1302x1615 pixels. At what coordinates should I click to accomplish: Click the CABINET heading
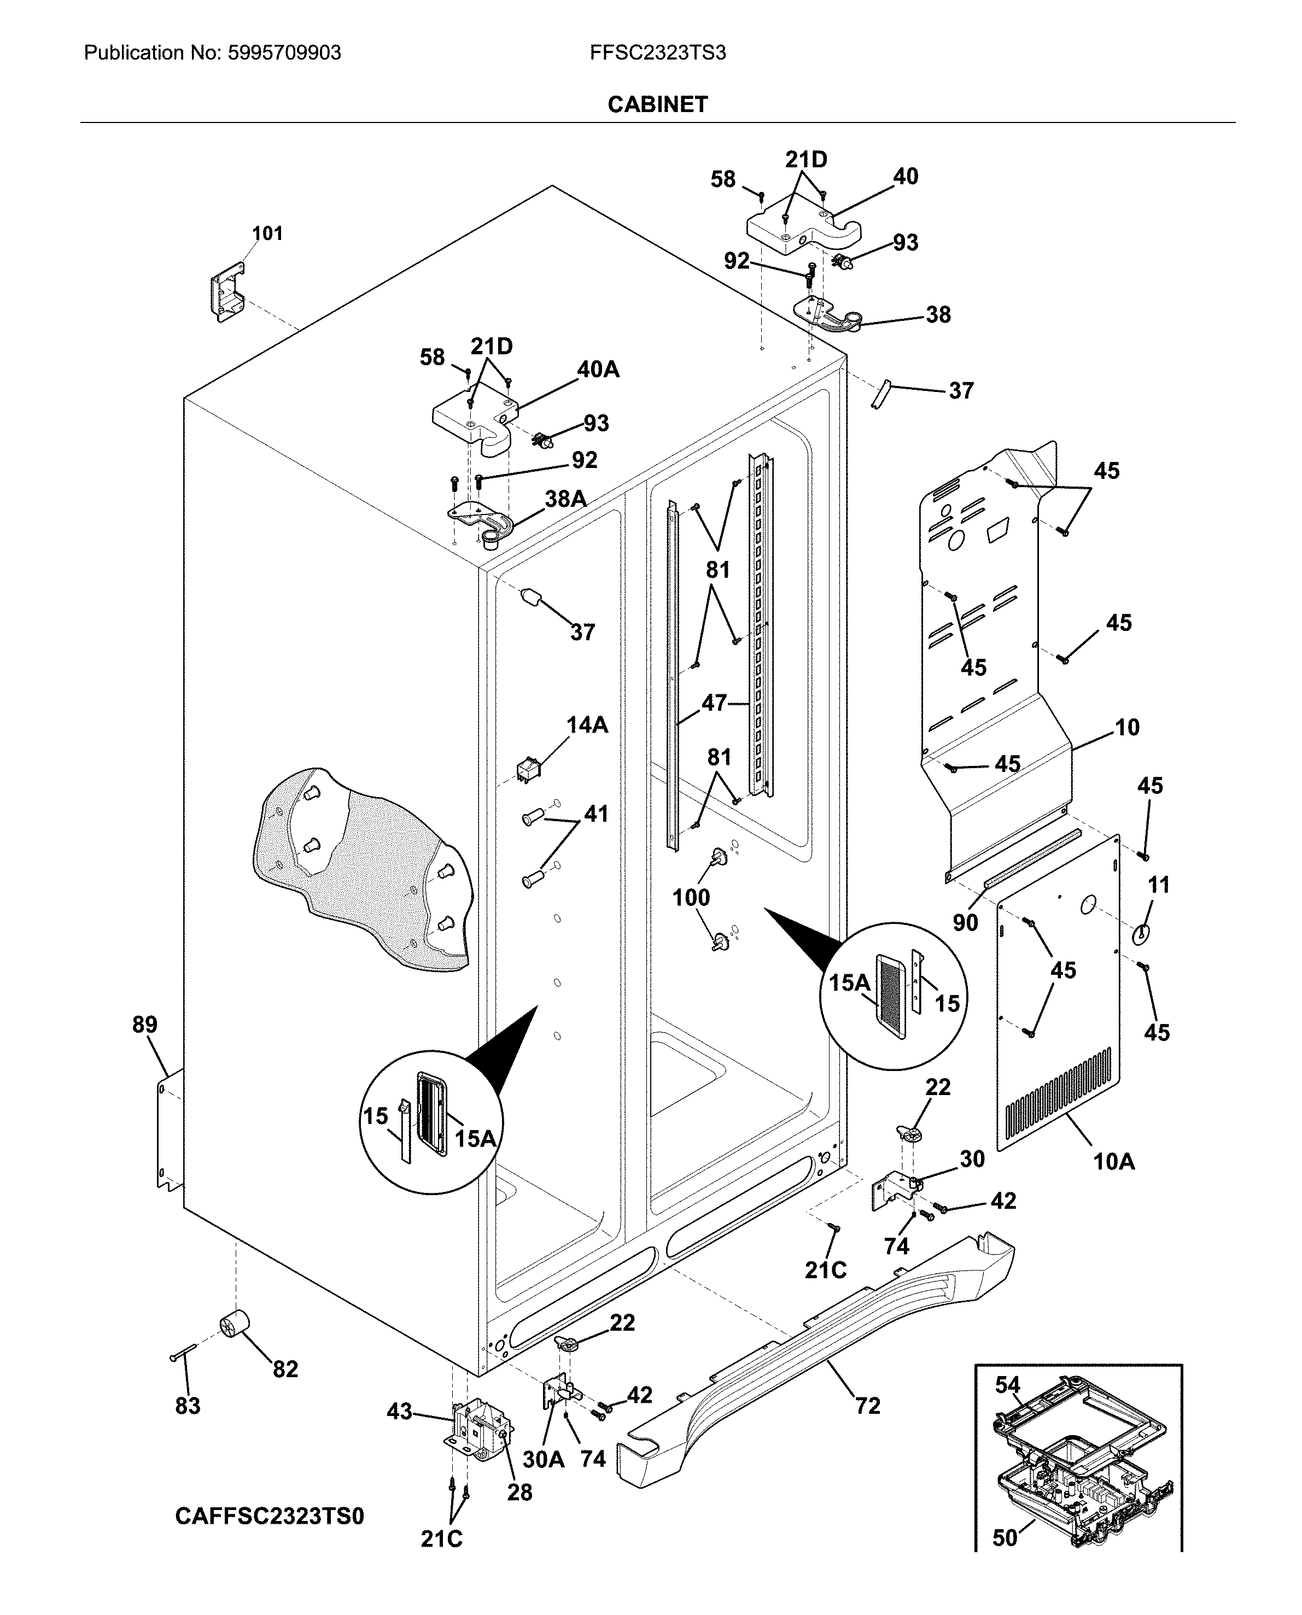[657, 104]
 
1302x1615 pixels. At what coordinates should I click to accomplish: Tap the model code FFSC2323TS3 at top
[657, 53]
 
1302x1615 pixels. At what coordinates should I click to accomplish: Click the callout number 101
[267, 233]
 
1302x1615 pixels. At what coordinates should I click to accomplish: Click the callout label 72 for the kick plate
[867, 1406]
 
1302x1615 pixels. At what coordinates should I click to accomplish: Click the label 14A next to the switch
[587, 725]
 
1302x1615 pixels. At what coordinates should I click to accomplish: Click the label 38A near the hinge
[565, 499]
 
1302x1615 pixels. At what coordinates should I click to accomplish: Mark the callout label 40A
[598, 370]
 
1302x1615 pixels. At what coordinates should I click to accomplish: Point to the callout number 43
[399, 1412]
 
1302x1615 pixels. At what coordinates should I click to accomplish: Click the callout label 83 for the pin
[188, 1406]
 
